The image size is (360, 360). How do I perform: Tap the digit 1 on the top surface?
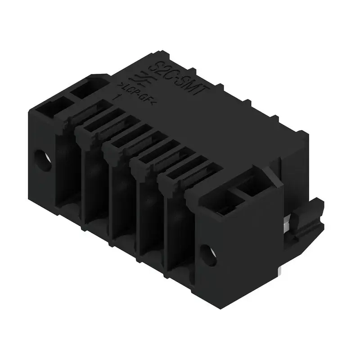[118, 97]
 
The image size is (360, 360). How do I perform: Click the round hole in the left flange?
[44, 159]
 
